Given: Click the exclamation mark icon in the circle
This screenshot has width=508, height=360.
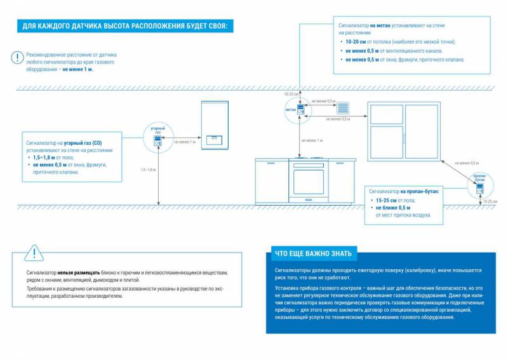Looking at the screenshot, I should point(16,57).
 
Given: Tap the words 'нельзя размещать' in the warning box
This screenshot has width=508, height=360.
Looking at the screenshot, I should point(79,272).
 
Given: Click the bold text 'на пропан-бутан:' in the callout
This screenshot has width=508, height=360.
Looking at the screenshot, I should point(420,190).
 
